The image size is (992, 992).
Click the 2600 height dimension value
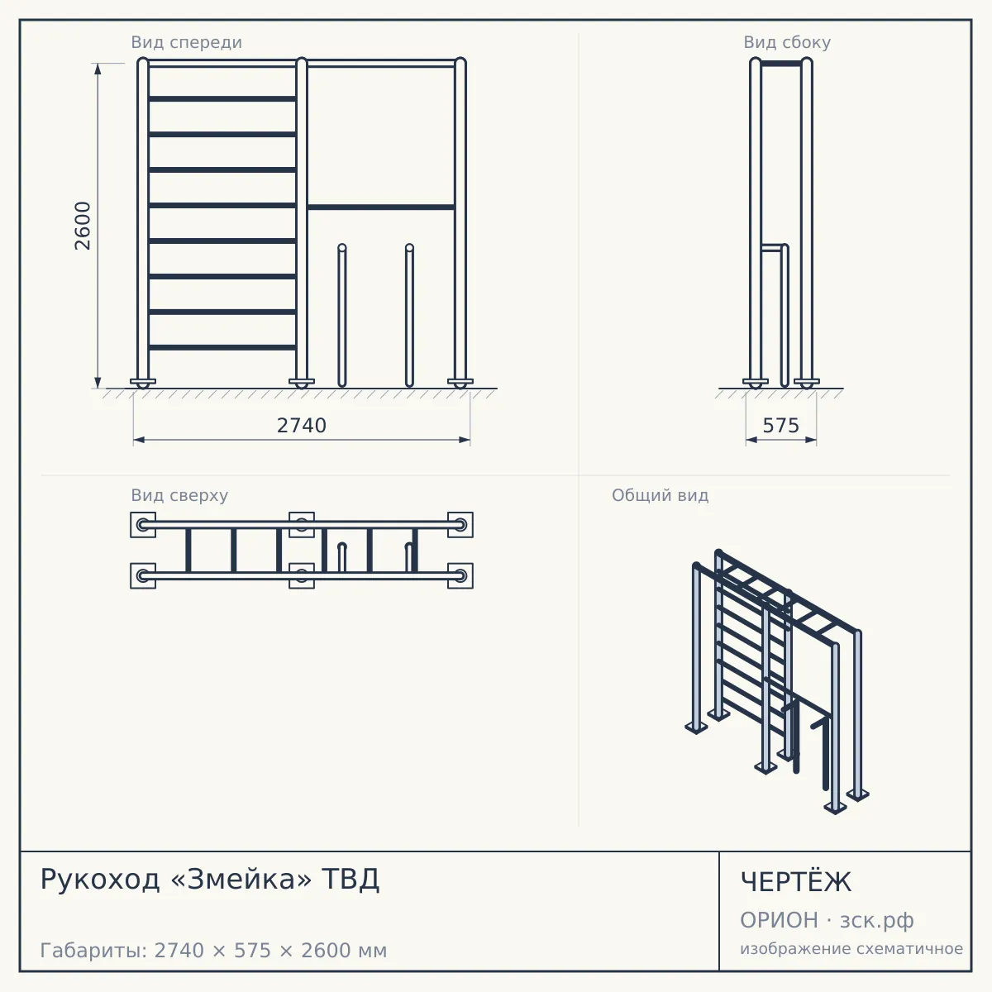point(83,226)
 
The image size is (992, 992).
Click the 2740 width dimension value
point(302,426)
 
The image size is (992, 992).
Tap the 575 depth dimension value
point(781,426)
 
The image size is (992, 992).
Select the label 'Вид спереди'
point(186,42)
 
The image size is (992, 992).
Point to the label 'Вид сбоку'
point(787,42)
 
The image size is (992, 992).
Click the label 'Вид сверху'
point(179,495)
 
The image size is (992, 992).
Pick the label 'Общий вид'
point(660,495)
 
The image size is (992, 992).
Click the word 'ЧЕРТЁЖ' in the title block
point(796,882)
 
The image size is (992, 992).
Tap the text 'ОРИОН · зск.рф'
point(827,920)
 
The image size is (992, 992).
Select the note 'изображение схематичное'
point(851,949)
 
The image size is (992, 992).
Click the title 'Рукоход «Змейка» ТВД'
point(210,880)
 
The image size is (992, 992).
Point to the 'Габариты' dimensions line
point(213,951)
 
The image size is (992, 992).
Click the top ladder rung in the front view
point(222,99)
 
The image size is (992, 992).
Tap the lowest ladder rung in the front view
point(222,347)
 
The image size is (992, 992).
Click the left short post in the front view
point(341,315)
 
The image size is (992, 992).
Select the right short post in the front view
point(409,315)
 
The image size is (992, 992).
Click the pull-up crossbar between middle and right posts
point(381,207)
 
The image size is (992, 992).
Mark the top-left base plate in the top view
point(143,525)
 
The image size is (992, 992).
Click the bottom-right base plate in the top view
point(460,575)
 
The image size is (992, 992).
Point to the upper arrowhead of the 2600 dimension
point(98,69)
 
